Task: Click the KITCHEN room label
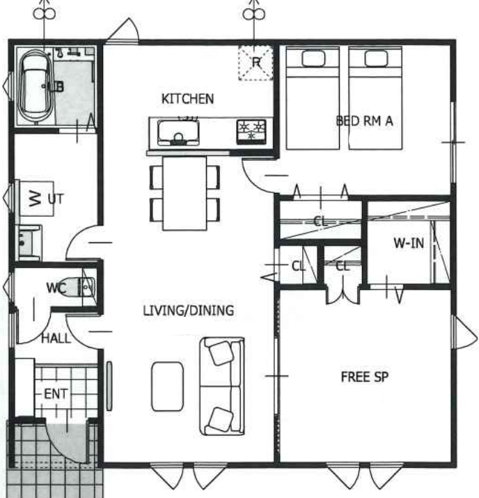[x=187, y=99]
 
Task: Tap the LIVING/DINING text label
[x=189, y=311]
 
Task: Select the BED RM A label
[x=364, y=120]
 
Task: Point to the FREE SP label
[x=365, y=377]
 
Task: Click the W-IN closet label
[x=409, y=243]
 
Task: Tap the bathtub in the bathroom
[x=36, y=86]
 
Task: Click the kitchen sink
[x=178, y=133]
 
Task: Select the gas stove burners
[x=251, y=131]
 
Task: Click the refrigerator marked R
[x=256, y=63]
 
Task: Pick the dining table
[x=184, y=193]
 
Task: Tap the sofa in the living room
[x=222, y=386]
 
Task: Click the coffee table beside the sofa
[x=167, y=386]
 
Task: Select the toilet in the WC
[x=80, y=287]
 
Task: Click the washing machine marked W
[x=36, y=199]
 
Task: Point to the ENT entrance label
[x=56, y=394]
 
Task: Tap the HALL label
[x=56, y=339]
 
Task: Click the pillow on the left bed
[x=313, y=59]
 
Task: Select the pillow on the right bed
[x=376, y=59]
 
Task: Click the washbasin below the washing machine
[x=30, y=242]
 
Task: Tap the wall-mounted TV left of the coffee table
[x=109, y=386]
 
